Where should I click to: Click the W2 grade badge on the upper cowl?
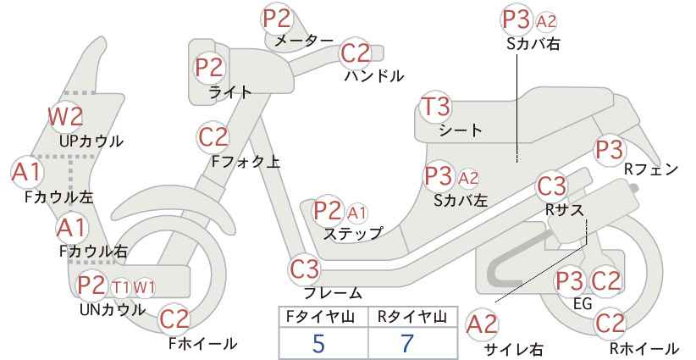[66, 116]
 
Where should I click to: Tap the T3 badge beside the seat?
[435, 107]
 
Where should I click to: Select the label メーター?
[304, 41]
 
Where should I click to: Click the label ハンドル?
[374, 76]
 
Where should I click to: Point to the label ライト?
[230, 91]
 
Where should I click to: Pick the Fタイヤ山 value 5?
[318, 343]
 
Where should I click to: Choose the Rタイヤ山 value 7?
[407, 343]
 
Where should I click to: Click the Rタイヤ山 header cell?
[413, 317]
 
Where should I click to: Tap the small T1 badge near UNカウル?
[121, 288]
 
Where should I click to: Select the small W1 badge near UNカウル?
[144, 287]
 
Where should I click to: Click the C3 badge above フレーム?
[305, 269]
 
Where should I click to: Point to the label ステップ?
[352, 234]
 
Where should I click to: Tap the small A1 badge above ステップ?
[356, 213]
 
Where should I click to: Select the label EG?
[583, 303]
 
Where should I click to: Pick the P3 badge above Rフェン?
[609, 150]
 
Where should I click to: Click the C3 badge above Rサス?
[551, 186]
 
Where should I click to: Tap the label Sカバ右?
[533, 43]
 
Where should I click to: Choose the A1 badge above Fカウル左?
[26, 171]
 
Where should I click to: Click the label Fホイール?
[202, 343]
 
